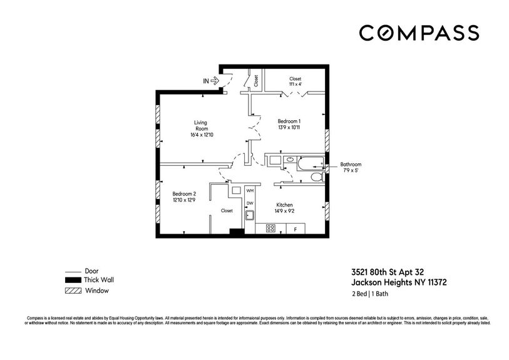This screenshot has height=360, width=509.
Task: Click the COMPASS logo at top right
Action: click(419, 33)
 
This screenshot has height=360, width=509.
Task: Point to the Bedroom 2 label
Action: click(184, 197)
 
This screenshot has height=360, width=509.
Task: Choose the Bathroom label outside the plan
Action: click(351, 167)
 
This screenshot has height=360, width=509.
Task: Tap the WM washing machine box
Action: click(250, 190)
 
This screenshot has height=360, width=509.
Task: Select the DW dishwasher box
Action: click(250, 203)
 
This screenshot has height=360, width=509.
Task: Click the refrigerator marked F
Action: click(295, 229)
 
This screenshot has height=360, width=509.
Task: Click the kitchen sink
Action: click(249, 217)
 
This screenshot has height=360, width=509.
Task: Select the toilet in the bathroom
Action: click(316, 178)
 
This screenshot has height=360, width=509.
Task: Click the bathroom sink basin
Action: click(289, 160)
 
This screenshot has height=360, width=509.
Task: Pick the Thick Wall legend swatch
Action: click(73, 280)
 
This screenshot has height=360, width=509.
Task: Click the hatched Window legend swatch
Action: click(73, 291)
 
